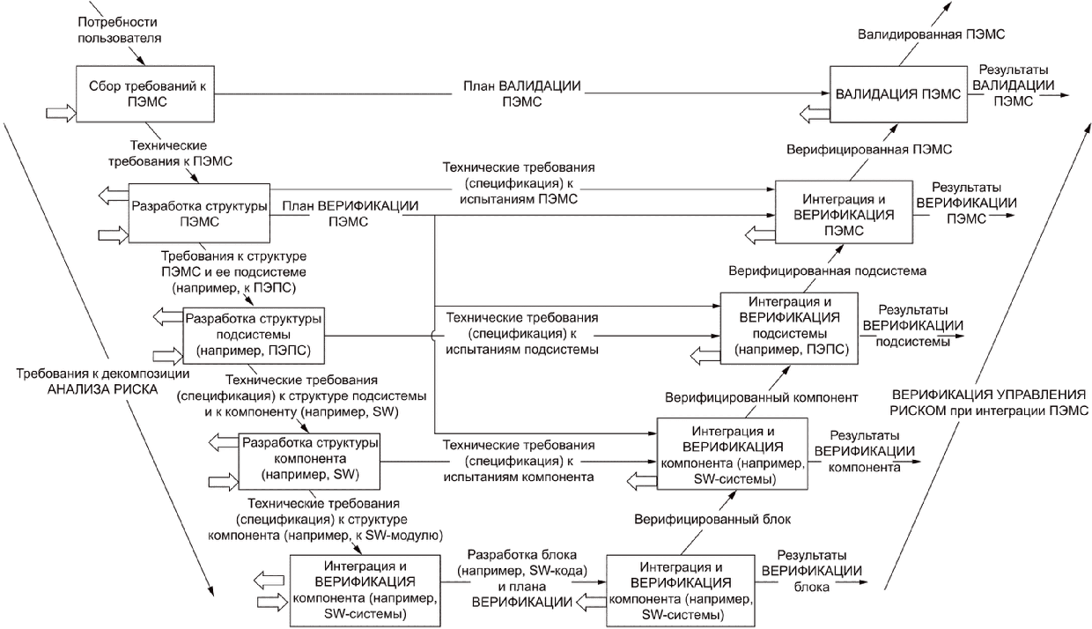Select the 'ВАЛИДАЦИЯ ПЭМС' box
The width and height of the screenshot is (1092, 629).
(893, 92)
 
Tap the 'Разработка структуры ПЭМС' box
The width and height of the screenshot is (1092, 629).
(199, 213)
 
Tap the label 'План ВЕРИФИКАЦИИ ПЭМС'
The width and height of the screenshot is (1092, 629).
(349, 213)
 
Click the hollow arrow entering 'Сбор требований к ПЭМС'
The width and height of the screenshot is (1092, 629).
(61, 112)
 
